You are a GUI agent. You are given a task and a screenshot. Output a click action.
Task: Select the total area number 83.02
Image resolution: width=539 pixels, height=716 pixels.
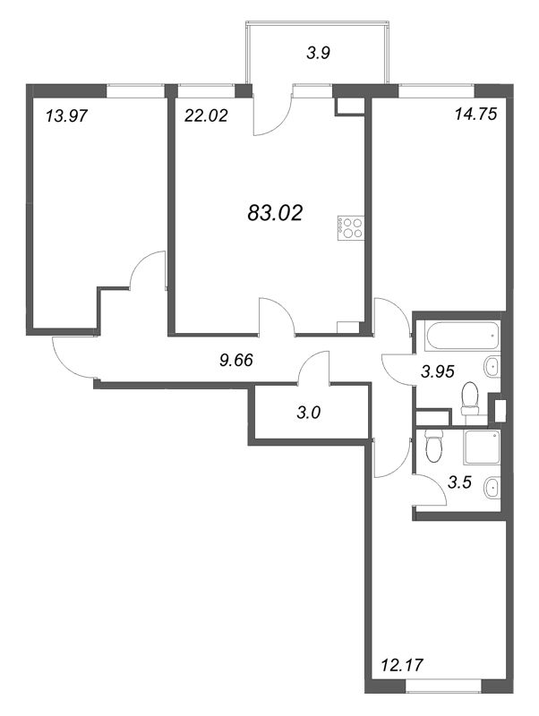click(x=274, y=213)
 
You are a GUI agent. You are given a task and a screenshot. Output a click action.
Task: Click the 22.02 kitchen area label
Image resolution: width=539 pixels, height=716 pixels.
click(x=202, y=115)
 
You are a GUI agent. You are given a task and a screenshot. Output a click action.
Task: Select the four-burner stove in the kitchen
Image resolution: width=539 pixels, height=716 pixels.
click(x=350, y=227)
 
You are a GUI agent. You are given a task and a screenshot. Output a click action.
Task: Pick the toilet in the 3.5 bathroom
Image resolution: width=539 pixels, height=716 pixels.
click(x=434, y=444)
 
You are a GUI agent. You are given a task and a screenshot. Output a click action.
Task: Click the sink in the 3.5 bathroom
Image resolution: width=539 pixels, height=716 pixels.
click(x=491, y=488)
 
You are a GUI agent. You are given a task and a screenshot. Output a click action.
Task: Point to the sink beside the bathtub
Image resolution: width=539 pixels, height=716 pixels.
click(x=492, y=365)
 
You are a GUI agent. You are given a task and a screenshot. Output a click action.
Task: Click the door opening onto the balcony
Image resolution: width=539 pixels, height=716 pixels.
click(x=273, y=112)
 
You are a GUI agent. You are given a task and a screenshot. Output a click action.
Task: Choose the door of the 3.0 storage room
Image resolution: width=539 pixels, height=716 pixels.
click(x=312, y=368)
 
